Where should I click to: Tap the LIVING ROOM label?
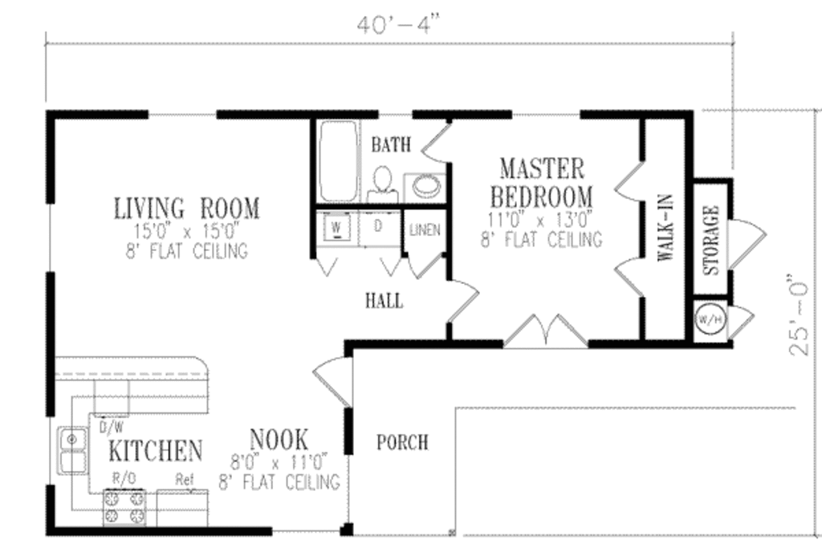click(x=186, y=209)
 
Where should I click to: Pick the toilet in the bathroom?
click(x=383, y=184)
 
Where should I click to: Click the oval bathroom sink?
click(x=425, y=186)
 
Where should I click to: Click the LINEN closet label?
click(x=425, y=230)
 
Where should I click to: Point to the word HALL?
click(x=385, y=302)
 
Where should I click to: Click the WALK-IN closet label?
click(x=665, y=229)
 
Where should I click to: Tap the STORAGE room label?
click(x=711, y=240)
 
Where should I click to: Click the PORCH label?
click(x=402, y=442)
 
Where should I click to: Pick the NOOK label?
click(x=279, y=439)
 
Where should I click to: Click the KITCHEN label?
click(x=156, y=451)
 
